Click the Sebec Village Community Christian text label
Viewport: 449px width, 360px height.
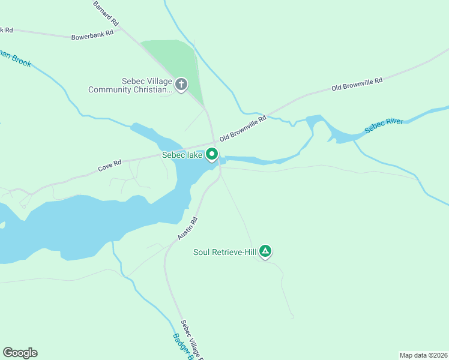point(130,86)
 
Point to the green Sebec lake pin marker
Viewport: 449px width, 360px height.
point(212,154)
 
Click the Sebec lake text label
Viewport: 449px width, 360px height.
point(182,155)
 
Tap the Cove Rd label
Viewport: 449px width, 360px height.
point(110,166)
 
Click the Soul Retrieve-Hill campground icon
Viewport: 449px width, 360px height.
point(266,251)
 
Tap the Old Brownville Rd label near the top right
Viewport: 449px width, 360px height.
point(357,85)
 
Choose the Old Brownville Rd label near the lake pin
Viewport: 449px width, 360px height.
point(243,129)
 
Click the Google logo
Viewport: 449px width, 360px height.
point(20,353)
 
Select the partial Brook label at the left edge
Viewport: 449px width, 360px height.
point(16,58)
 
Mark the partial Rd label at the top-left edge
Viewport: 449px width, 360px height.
point(6,30)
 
